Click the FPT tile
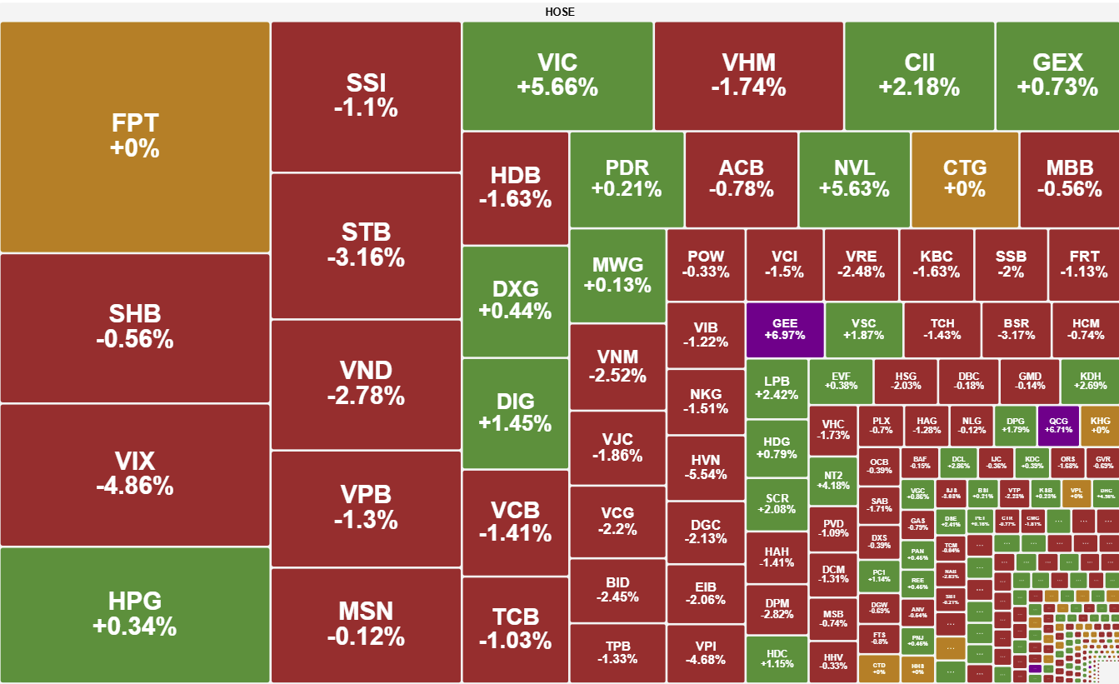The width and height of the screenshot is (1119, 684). pyautogui.click(x=135, y=137)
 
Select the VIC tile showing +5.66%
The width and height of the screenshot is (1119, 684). pyautogui.click(x=557, y=75)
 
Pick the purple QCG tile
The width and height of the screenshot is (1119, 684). pyautogui.click(x=1058, y=425)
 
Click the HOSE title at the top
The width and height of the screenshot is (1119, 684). pyautogui.click(x=559, y=12)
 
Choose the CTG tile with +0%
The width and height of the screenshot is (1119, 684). pyautogui.click(x=964, y=178)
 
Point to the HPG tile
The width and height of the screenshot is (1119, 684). pyautogui.click(x=135, y=614)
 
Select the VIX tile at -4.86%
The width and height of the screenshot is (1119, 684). pyautogui.click(x=135, y=474)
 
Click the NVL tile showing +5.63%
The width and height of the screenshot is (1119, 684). pyautogui.click(x=854, y=178)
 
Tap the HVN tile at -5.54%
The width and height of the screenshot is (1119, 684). pyautogui.click(x=706, y=467)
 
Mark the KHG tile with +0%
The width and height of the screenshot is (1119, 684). pyautogui.click(x=1100, y=425)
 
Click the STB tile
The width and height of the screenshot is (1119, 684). pyautogui.click(x=366, y=245)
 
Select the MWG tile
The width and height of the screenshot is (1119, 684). pyautogui.click(x=617, y=275)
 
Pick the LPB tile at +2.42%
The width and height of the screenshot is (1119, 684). pyautogui.click(x=777, y=387)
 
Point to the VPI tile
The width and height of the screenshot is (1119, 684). pyautogui.click(x=706, y=652)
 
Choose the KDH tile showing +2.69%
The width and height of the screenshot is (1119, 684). pyautogui.click(x=1090, y=381)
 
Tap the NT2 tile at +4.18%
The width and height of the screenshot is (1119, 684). pyautogui.click(x=833, y=480)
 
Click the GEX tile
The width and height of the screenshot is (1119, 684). pyautogui.click(x=1057, y=75)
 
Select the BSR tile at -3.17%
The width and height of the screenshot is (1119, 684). pyautogui.click(x=1016, y=329)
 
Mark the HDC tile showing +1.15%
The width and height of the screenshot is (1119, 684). pyautogui.click(x=777, y=658)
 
